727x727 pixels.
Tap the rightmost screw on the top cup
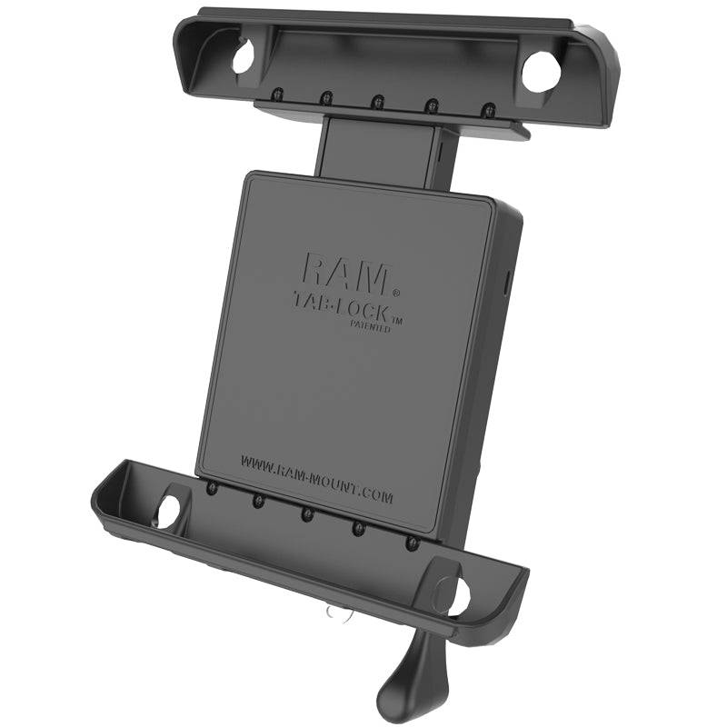coord(488,109)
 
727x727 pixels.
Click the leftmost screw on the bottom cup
coord(211,488)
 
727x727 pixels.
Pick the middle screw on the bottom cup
coord(306,513)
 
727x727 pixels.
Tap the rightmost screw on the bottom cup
coord(413,543)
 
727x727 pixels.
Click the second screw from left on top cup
coord(324,96)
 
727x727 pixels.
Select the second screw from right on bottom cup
coord(358,528)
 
